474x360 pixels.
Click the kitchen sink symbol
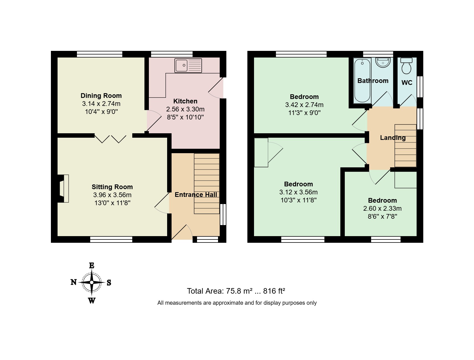(188, 66)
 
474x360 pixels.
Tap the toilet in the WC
(406, 66)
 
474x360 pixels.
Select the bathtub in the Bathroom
(362, 80)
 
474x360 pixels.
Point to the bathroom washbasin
(383, 62)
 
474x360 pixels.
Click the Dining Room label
(101, 96)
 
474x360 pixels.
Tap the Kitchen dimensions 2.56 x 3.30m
(185, 109)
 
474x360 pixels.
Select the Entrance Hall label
(196, 195)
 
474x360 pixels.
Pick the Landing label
(393, 138)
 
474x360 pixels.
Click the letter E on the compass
(92, 266)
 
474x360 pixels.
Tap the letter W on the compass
(92, 301)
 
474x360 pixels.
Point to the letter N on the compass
(74, 282)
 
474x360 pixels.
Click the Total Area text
(236, 291)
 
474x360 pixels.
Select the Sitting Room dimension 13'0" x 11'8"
(112, 203)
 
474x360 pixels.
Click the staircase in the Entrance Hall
(207, 184)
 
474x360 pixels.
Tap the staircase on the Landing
(405, 146)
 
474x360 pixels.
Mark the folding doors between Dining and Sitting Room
(111, 139)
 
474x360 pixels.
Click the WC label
(407, 83)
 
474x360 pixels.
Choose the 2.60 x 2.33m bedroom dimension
(382, 208)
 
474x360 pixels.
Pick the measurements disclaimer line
(237, 303)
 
